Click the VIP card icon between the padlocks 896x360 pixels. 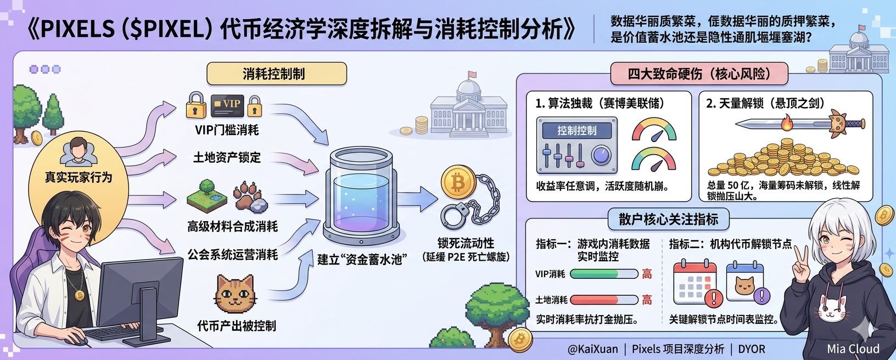pyautogui.click(x=227, y=105)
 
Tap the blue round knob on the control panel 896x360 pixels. pyautogui.click(x=601, y=155)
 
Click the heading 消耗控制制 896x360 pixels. pyautogui.click(x=276, y=74)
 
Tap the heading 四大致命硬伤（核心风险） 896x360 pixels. pyautogui.click(x=699, y=74)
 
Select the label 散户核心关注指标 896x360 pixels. pyautogui.click(x=668, y=220)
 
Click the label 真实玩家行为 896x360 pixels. pyautogui.click(x=79, y=177)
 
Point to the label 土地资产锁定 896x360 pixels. pyautogui.click(x=227, y=158)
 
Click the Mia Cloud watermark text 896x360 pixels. pyautogui.click(x=853, y=349)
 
